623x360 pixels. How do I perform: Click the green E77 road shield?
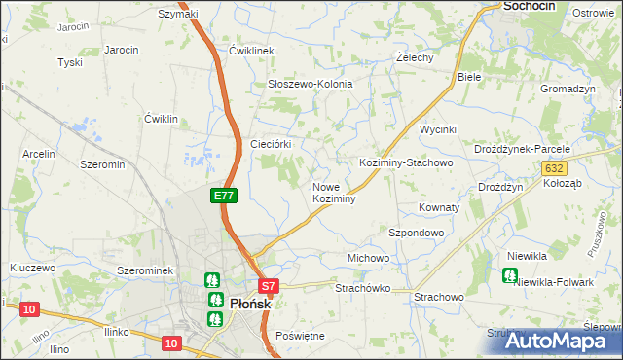tap(224, 196)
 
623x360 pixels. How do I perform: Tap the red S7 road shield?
tap(270, 286)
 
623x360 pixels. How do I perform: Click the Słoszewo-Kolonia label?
tap(310, 84)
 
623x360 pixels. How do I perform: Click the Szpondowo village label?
tap(417, 234)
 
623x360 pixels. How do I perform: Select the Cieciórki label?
tap(272, 143)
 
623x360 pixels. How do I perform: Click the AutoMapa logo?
tap(561, 341)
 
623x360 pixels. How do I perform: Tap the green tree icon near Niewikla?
tap(509, 275)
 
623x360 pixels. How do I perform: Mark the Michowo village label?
tap(368, 258)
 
